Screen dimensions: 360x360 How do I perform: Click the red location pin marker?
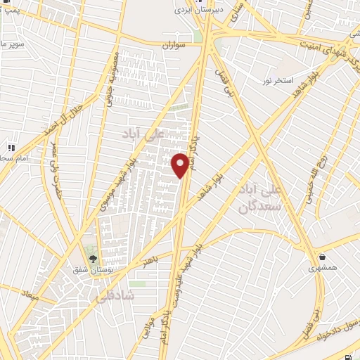pyautogui.click(x=180, y=165)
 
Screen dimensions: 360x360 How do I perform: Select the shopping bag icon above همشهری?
pyautogui.click(x=322, y=257)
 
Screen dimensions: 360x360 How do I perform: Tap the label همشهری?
pyautogui.click(x=322, y=268)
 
